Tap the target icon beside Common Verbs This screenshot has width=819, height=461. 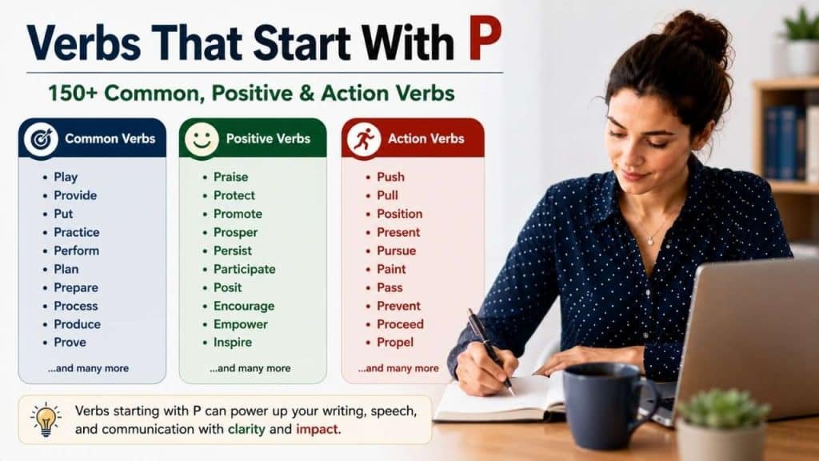41,138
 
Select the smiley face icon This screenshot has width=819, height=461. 202,139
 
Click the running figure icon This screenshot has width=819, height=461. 364,139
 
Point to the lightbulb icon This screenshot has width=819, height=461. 46,419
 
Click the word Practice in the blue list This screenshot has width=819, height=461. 77,232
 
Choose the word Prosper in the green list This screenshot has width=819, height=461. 236,233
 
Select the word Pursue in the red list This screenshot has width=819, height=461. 397,251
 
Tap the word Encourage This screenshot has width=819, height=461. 244,307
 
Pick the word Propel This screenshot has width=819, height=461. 395,343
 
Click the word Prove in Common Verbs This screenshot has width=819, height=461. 70,343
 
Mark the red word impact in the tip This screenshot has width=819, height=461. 317,429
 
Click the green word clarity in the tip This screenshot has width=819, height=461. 246,429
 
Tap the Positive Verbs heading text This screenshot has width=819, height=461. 268,138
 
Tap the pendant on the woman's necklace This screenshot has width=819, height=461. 650,241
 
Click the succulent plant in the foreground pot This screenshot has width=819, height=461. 722,408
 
